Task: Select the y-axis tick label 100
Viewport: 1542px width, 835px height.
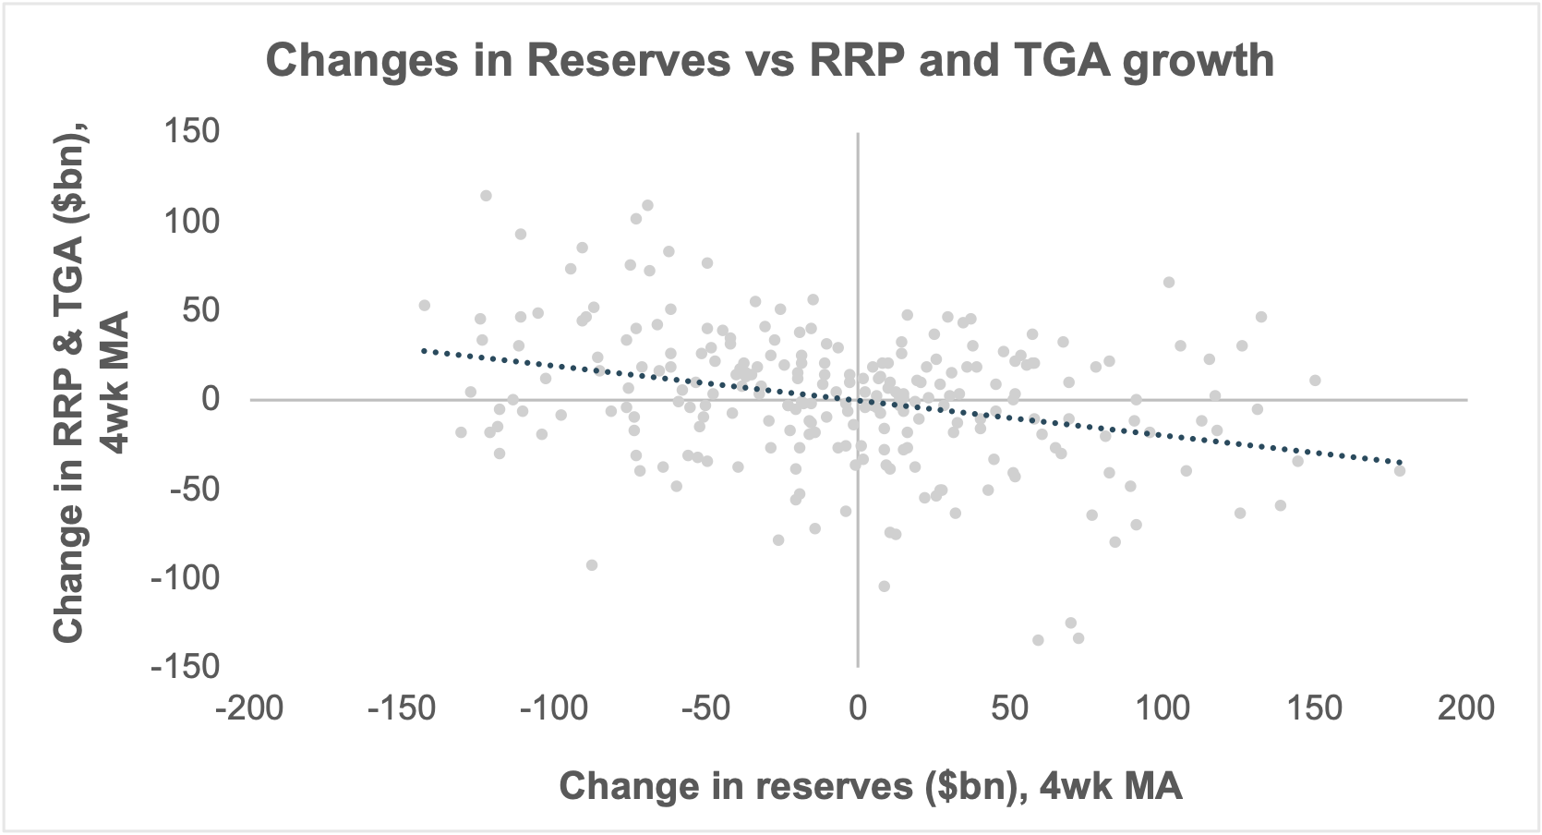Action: [193, 221]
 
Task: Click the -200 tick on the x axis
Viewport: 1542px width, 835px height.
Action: [249, 708]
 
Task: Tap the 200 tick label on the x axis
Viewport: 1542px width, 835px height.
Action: [1466, 708]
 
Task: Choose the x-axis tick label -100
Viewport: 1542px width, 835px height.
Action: [553, 708]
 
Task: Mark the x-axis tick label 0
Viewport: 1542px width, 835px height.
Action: [858, 708]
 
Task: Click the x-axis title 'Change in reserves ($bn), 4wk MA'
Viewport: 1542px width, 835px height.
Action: [871, 786]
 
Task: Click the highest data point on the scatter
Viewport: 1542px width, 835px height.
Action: [486, 196]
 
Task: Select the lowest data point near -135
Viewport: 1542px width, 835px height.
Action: [1038, 640]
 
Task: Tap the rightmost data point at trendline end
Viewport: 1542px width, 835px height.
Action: [1400, 470]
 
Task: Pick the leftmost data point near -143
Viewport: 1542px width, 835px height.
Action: [425, 306]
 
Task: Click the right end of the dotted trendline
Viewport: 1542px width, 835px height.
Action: [1401, 462]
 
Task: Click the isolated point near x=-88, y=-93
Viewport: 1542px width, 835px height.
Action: [592, 565]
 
